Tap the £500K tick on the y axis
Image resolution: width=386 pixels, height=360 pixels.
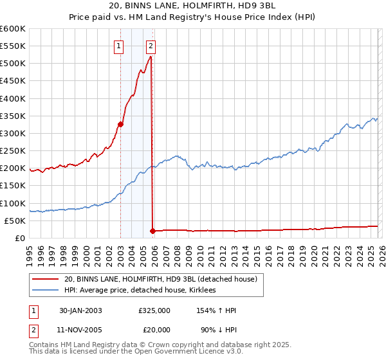point(13,64)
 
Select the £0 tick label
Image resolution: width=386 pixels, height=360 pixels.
point(20,238)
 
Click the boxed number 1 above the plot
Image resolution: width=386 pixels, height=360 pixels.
point(120,46)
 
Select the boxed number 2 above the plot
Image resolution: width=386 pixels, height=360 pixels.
point(151,46)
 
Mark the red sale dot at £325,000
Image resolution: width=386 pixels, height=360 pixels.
point(120,125)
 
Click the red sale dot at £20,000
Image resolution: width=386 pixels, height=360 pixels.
point(152,231)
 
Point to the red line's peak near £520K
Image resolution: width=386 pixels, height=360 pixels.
point(150,57)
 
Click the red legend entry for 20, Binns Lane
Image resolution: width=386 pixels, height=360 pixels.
point(160,279)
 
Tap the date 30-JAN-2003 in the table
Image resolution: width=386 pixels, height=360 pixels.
point(80,310)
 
